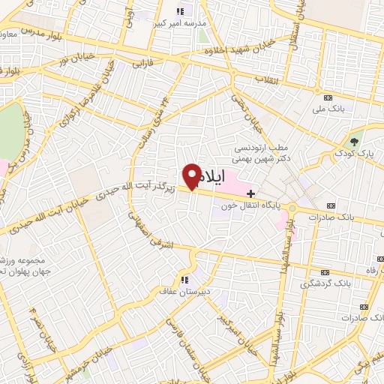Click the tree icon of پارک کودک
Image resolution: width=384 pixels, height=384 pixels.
(355, 142)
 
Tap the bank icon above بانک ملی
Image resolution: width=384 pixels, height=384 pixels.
(327, 98)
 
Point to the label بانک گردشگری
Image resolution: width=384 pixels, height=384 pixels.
(325, 284)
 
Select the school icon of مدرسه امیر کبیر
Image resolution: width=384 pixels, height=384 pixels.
(179, 11)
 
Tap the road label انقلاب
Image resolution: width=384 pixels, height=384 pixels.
(267, 79)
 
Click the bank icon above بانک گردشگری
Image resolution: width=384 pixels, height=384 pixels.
(325, 272)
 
